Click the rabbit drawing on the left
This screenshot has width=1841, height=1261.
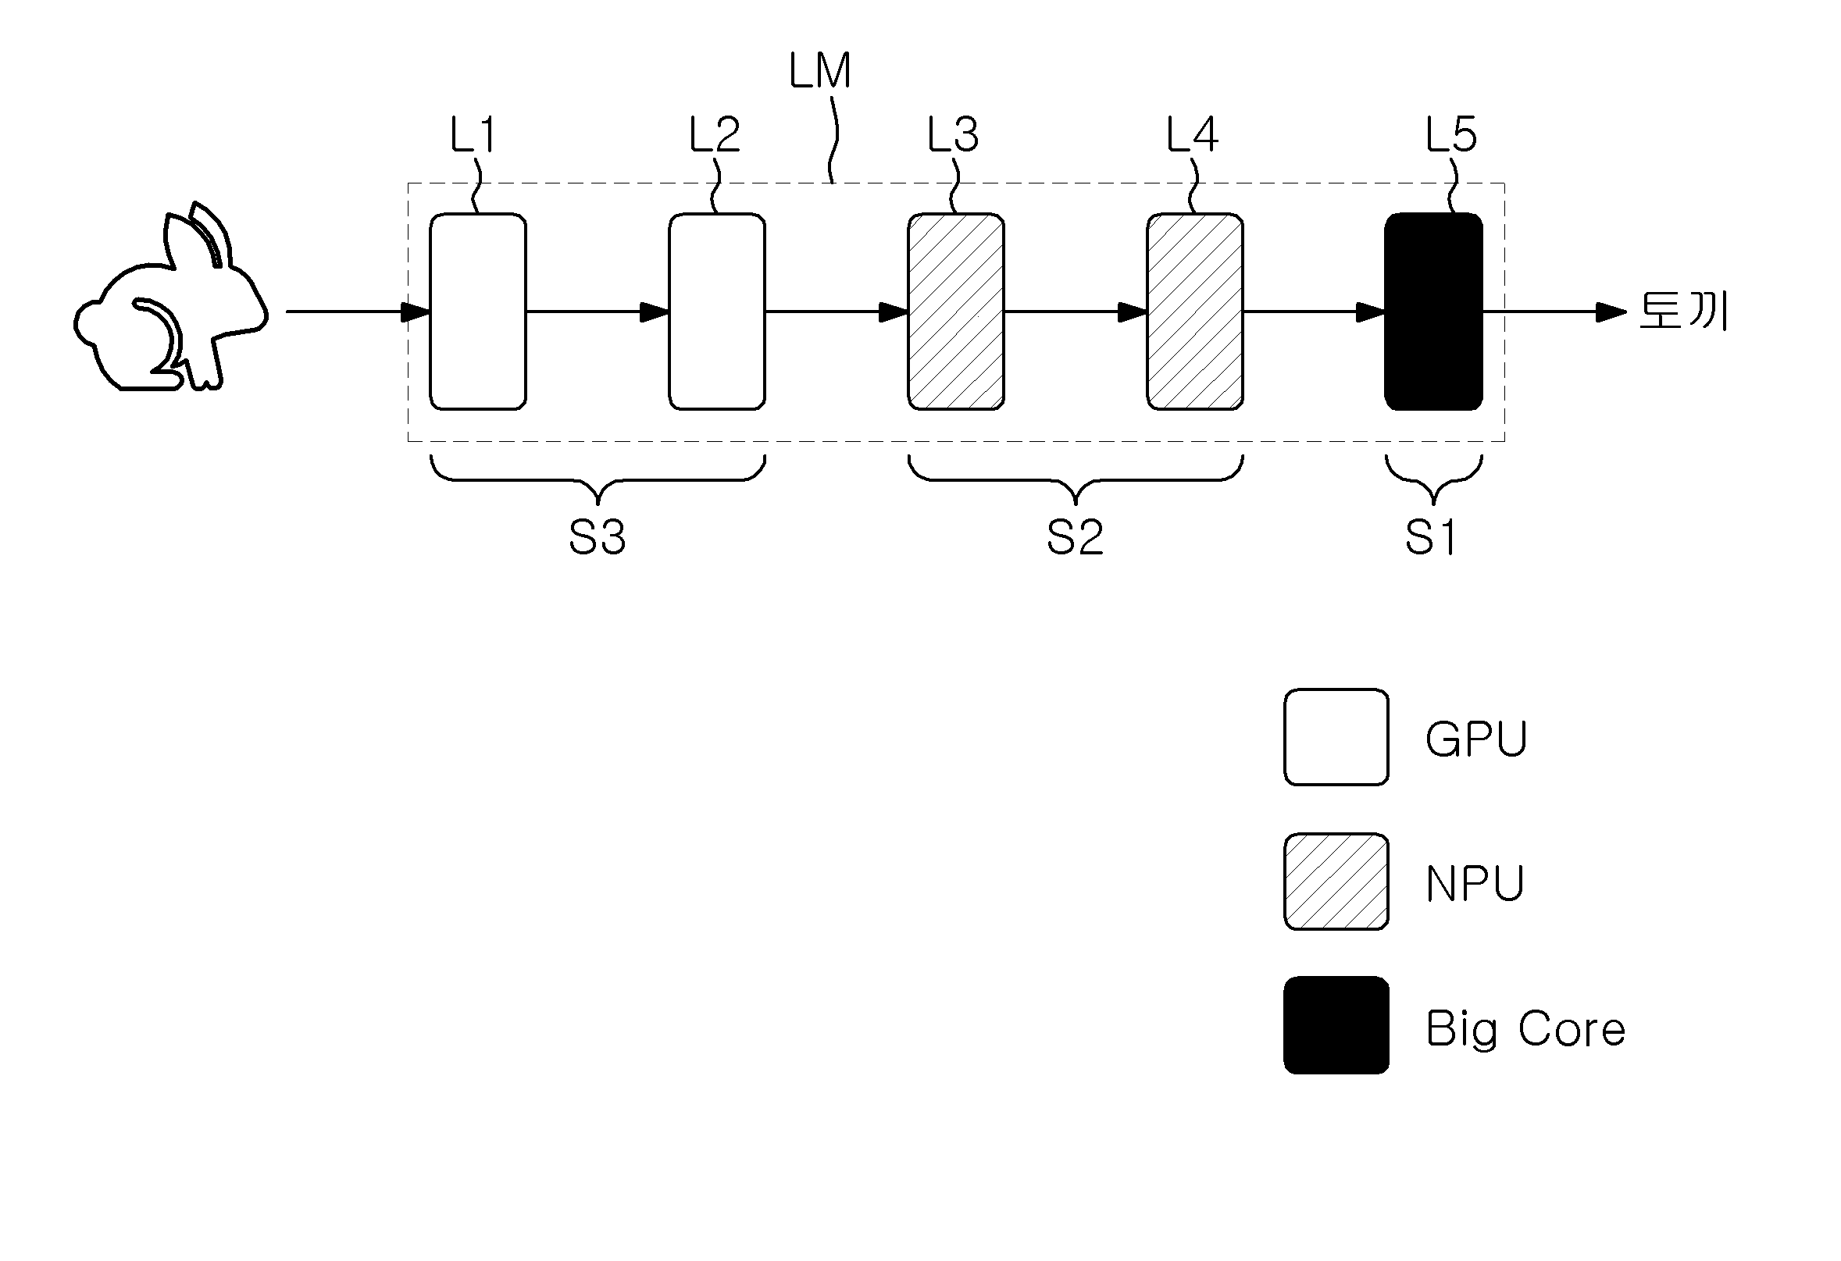(170, 301)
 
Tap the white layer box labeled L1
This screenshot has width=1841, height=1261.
(478, 312)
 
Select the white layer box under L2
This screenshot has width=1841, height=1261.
(717, 312)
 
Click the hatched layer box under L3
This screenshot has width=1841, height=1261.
(956, 312)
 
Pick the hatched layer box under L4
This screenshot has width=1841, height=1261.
(1195, 312)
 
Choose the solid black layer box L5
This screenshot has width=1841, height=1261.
(1434, 312)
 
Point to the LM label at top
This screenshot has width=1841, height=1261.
(820, 70)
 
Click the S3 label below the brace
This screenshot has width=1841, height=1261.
(598, 537)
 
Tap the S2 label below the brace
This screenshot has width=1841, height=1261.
(1075, 537)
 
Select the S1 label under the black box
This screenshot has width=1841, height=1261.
(1431, 537)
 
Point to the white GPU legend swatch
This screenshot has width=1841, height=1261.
(1336, 737)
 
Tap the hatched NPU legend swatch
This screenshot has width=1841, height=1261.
(1336, 882)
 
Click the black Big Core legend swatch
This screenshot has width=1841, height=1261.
(1336, 1026)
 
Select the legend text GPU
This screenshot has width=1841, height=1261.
(1476, 739)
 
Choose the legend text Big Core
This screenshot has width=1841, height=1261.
(1525, 1029)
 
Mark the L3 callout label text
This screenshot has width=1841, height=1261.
(953, 134)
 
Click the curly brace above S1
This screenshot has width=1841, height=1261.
(1434, 480)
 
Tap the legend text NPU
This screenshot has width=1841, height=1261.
(1475, 884)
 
